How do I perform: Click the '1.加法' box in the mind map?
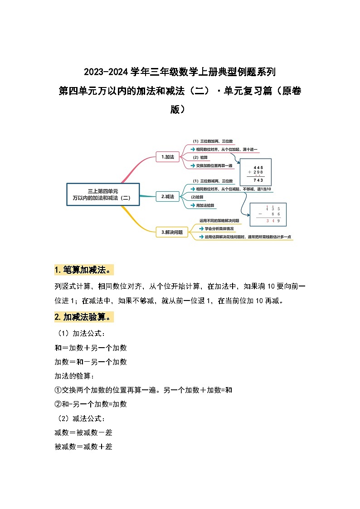[168, 157]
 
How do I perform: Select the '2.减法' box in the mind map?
[168, 197]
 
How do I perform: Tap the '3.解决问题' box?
[172, 232]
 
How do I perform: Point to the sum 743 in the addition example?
[258, 180]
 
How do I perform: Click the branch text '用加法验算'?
[205, 205]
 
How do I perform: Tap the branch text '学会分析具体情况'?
[219, 228]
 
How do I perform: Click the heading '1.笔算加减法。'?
[83, 270]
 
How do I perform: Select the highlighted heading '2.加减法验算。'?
[83, 317]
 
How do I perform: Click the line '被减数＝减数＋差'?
[83, 446]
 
